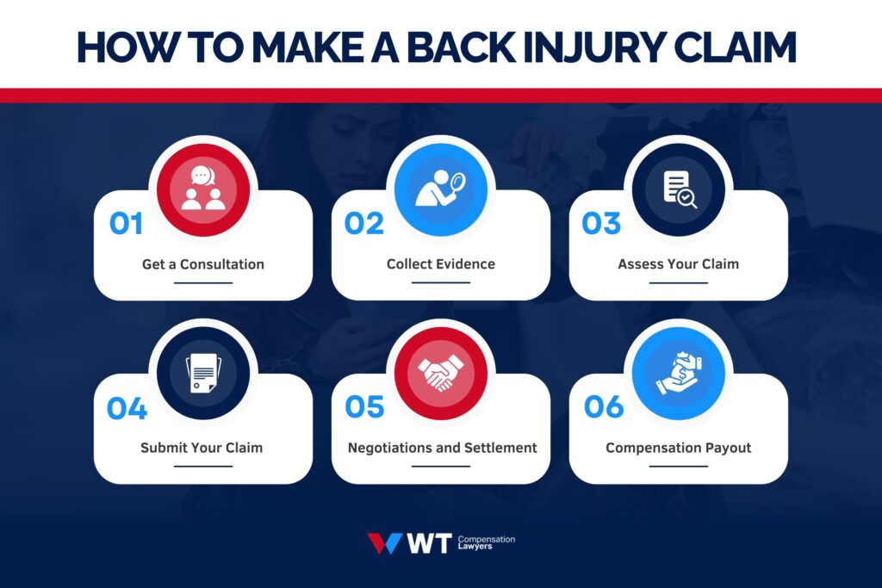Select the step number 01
click(126, 224)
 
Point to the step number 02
click(363, 224)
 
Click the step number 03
click(601, 224)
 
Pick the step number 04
click(127, 408)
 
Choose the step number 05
click(363, 408)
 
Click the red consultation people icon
click(203, 189)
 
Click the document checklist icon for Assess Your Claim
click(679, 189)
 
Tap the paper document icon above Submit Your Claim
click(203, 373)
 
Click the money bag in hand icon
click(679, 373)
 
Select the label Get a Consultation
click(203, 264)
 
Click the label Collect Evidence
click(441, 264)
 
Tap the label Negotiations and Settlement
click(442, 448)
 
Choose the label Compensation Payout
click(679, 448)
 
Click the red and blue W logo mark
click(384, 543)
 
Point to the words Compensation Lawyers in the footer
click(487, 543)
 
